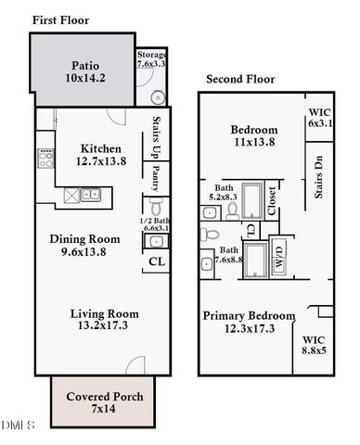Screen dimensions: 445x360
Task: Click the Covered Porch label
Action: [104, 397]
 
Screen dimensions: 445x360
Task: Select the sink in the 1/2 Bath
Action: [154, 242]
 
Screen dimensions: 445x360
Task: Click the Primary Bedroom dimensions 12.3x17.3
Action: [249, 329]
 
